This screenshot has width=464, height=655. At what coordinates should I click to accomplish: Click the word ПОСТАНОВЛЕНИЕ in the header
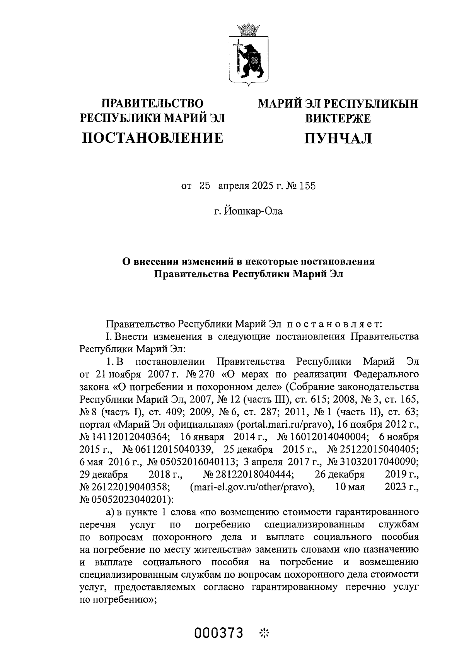(153, 138)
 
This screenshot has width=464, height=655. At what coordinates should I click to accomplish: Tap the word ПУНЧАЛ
(338, 138)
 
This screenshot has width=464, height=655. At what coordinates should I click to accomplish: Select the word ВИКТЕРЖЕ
(338, 119)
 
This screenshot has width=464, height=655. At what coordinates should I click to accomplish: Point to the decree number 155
(308, 186)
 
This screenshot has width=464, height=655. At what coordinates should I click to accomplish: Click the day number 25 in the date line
(205, 186)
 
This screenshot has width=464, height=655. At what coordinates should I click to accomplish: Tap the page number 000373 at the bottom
(219, 633)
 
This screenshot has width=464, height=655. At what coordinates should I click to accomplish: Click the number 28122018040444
(250, 474)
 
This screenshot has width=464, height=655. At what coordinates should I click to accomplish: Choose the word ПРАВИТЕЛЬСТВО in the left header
(152, 104)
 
